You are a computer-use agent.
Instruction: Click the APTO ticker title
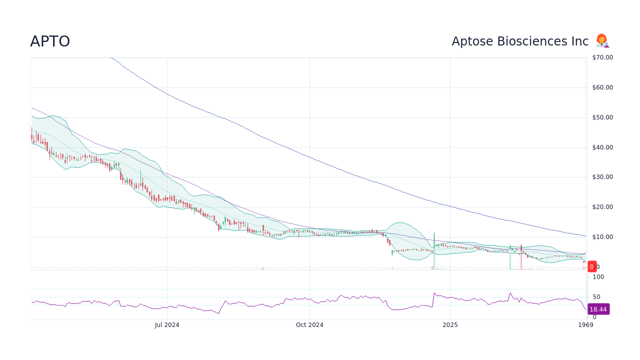50,41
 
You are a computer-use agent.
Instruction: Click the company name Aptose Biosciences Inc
520,41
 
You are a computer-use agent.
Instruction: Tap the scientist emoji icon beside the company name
602,41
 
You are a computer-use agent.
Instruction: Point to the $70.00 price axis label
602,57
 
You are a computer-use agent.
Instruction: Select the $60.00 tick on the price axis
602,87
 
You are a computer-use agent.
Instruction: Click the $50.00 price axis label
602,117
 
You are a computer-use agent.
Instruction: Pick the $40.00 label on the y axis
602,147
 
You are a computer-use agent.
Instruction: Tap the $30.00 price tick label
602,177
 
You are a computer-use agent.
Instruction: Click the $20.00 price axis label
602,207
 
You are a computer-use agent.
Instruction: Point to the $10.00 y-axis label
602,237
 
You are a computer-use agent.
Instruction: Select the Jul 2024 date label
167,325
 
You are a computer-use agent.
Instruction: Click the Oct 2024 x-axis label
309,325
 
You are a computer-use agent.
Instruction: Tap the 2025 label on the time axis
450,325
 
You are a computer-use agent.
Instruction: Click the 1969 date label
585,325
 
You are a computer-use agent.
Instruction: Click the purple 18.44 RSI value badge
598,309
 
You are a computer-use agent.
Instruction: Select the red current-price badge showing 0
592,267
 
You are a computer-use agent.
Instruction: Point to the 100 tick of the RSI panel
598,277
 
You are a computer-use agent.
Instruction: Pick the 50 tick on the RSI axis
596,297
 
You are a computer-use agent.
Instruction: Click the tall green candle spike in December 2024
434,240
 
